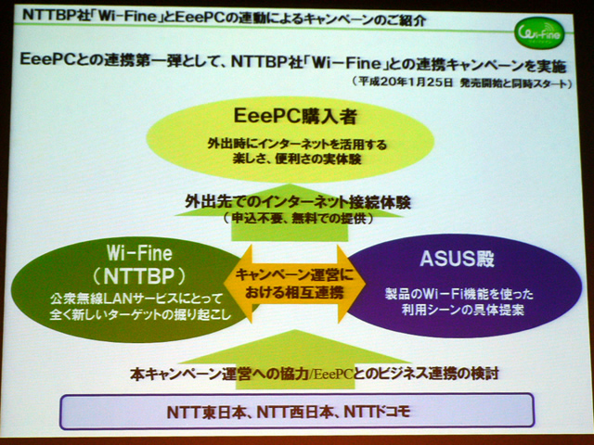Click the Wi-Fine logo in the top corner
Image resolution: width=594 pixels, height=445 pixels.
[539, 34]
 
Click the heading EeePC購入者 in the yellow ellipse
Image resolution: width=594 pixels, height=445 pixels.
[295, 116]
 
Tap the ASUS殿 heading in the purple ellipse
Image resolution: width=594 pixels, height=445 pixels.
[457, 260]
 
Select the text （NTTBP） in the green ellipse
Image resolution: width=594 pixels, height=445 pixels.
[139, 276]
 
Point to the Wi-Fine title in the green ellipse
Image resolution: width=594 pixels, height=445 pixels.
[139, 253]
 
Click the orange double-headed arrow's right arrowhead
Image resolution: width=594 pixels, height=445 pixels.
[351, 284]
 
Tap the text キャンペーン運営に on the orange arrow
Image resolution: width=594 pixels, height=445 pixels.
[294, 274]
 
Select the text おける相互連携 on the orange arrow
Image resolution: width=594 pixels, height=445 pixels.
[294, 292]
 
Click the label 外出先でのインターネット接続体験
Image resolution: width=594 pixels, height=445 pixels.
[298, 202]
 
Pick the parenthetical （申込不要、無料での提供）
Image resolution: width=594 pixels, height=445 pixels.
[298, 219]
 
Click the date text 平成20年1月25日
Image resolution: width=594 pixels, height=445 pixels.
[406, 83]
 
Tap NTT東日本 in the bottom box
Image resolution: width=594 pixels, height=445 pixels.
[206, 412]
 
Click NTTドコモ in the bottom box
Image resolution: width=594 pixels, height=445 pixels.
[377, 412]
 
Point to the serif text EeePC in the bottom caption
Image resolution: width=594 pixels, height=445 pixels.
[332, 375]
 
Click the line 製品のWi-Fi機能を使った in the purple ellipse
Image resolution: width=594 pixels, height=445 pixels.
[459, 294]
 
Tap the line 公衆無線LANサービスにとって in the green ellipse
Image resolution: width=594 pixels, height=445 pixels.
[136, 299]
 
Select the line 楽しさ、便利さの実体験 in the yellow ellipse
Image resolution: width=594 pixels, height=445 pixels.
[297, 159]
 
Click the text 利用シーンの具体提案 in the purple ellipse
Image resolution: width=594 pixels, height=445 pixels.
[463, 310]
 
